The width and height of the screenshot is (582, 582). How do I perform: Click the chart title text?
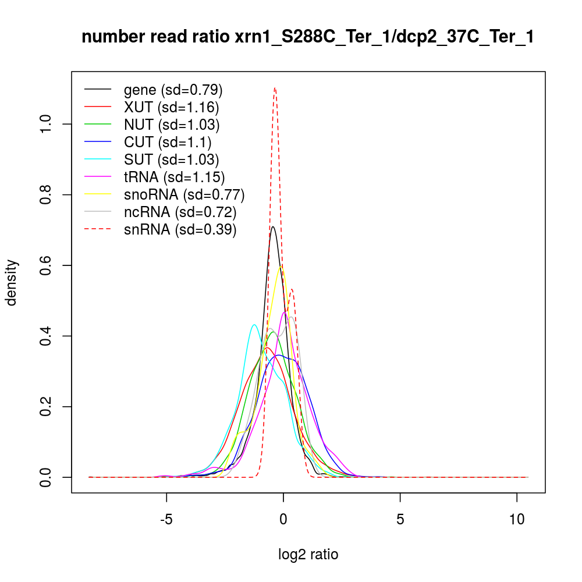307,37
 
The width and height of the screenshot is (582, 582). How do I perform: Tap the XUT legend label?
171,107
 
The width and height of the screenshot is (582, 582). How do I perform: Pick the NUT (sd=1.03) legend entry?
172,125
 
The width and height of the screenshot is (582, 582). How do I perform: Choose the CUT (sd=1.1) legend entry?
168,142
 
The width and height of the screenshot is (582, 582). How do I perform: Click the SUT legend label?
171,159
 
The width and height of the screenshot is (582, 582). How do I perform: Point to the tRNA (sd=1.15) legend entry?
174,177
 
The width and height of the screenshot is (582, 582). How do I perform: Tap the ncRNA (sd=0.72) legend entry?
180,212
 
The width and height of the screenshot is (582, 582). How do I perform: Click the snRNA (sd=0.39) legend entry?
180,229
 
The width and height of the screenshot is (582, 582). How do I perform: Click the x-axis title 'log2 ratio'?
308,555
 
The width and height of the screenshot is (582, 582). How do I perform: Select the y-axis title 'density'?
13,282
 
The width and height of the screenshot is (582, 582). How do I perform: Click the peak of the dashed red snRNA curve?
275,88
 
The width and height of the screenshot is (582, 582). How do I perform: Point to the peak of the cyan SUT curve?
254,325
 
